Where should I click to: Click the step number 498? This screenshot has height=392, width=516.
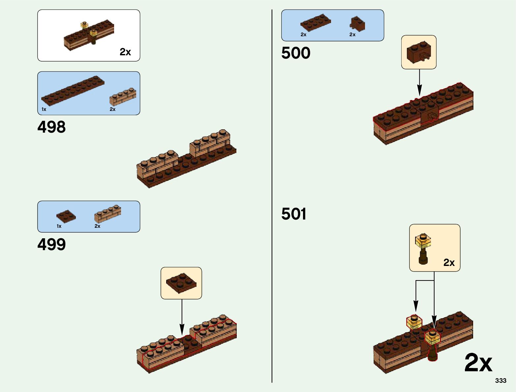pyautogui.click(x=51, y=127)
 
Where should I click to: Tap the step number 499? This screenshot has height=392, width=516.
pyautogui.click(x=51, y=245)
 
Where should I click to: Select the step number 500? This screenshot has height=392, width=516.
pyautogui.click(x=296, y=53)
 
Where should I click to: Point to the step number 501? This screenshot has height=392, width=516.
pyautogui.click(x=294, y=214)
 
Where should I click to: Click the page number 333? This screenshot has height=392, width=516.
pyautogui.click(x=501, y=380)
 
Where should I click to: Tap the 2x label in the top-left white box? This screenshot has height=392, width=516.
pyautogui.click(x=125, y=52)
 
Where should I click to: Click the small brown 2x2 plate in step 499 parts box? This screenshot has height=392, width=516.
pyautogui.click(x=66, y=216)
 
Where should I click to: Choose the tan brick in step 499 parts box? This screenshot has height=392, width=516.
pyautogui.click(x=107, y=213)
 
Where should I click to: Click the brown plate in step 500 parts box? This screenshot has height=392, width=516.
pyautogui.click(x=316, y=22)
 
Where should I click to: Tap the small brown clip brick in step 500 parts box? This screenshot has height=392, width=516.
pyautogui.click(x=357, y=24)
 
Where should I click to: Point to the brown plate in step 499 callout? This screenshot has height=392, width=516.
pyautogui.click(x=181, y=283)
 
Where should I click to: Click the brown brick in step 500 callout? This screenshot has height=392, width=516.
pyautogui.click(x=418, y=52)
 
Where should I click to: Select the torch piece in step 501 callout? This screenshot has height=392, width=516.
pyautogui.click(x=423, y=248)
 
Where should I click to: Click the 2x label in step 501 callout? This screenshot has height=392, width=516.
pyautogui.click(x=449, y=262)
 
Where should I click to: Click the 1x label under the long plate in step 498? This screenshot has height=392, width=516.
pyautogui.click(x=44, y=109)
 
